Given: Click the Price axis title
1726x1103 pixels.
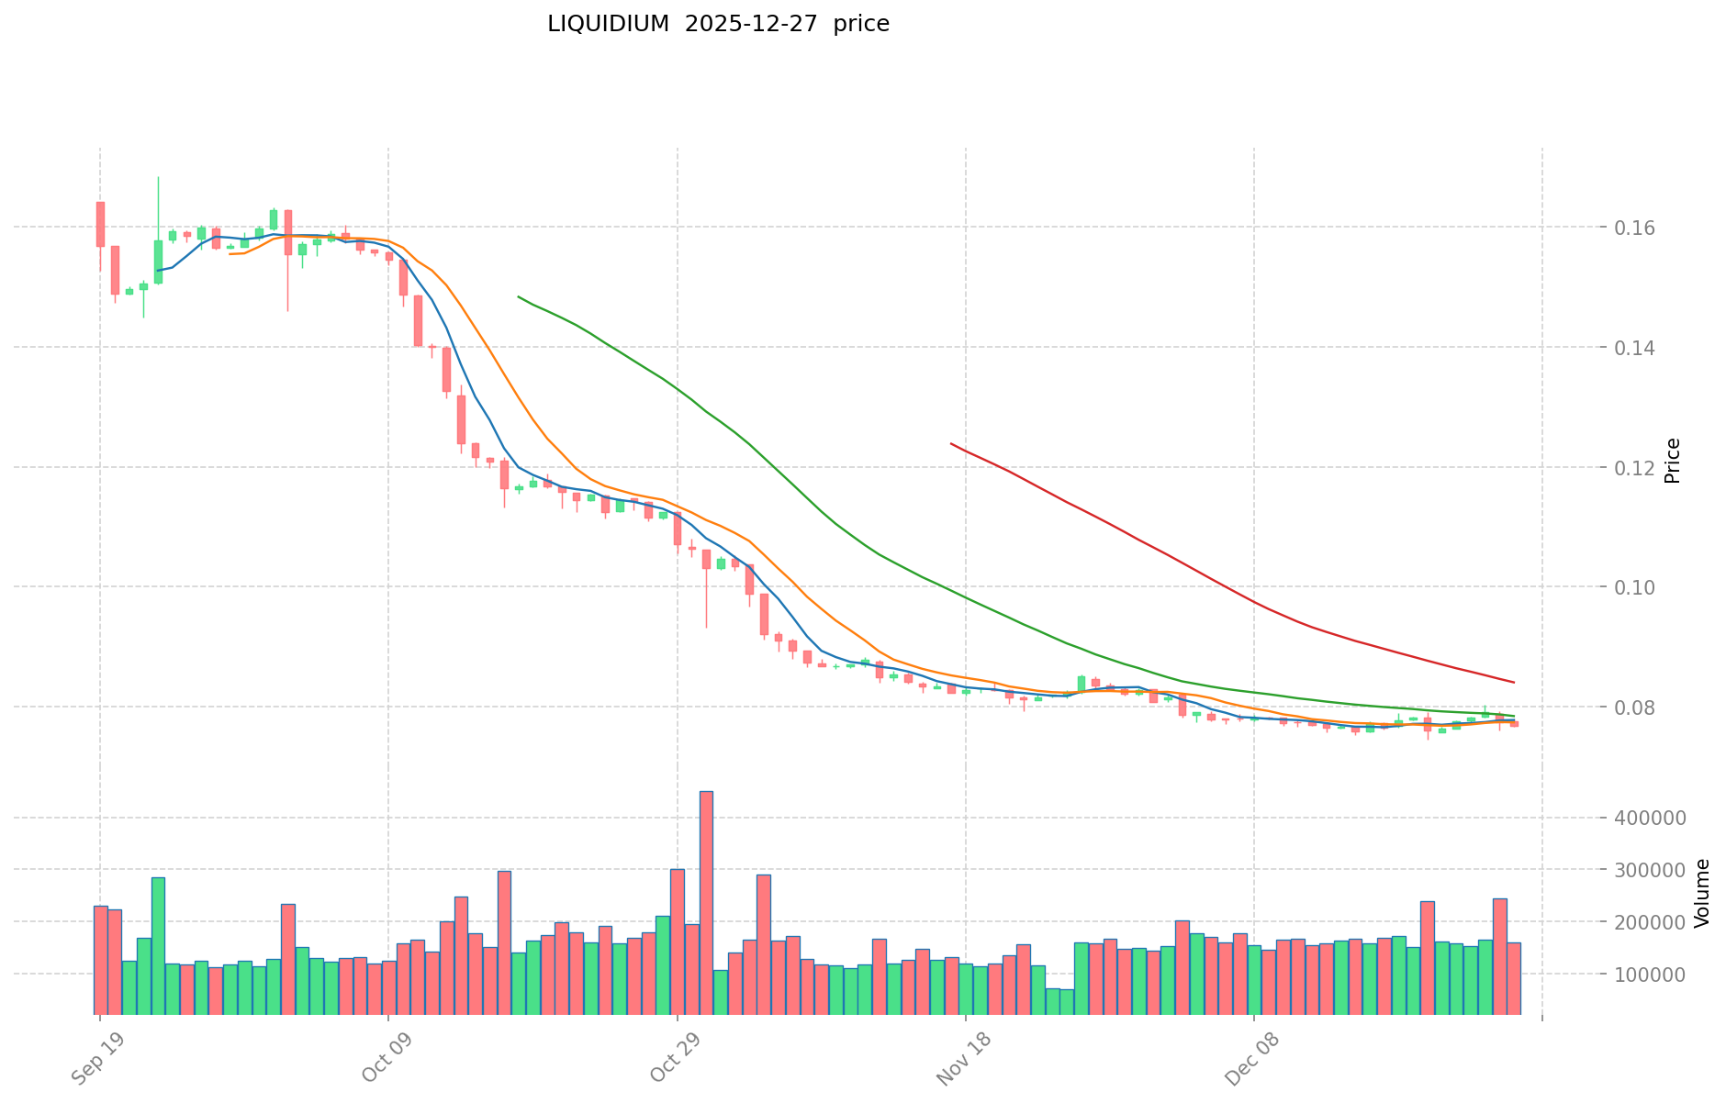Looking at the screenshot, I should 1672,461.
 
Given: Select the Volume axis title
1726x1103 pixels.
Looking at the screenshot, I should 1701,893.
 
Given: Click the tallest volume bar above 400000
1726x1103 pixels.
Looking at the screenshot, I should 706,903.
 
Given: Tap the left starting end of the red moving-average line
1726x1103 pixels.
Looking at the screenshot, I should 951,444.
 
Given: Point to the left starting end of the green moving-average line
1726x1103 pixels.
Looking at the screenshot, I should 519,296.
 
